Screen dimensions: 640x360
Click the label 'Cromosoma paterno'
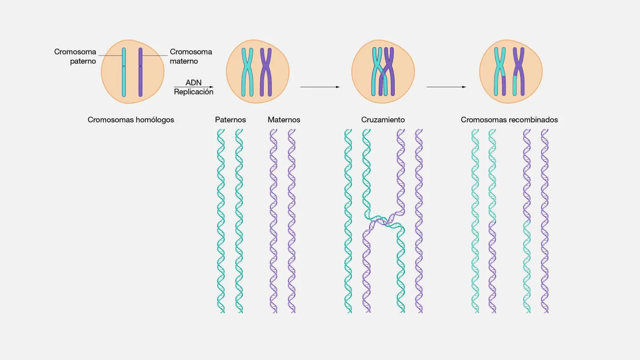tap(75, 56)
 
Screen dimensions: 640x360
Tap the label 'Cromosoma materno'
tap(191, 56)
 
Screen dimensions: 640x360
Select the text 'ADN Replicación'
tap(194, 87)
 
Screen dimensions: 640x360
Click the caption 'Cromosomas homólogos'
tap(131, 120)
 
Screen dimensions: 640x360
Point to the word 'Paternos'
tap(230, 120)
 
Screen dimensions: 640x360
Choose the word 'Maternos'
tap(284, 120)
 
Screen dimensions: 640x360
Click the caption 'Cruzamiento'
tap(383, 120)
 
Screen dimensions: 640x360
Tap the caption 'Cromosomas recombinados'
tap(509, 120)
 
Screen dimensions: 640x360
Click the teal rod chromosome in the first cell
tap(124, 72)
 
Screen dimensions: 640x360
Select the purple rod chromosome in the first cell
tap(140, 72)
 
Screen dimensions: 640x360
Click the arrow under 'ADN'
tap(194, 87)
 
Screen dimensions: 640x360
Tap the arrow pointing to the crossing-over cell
tap(320, 87)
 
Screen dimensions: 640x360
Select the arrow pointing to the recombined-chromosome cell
tap(446, 87)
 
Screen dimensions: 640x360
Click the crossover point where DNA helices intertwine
tap(384, 221)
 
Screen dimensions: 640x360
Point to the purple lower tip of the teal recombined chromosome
tap(504, 86)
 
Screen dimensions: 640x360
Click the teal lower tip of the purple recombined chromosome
tap(514, 86)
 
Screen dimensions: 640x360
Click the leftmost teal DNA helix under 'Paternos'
tap(221, 221)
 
